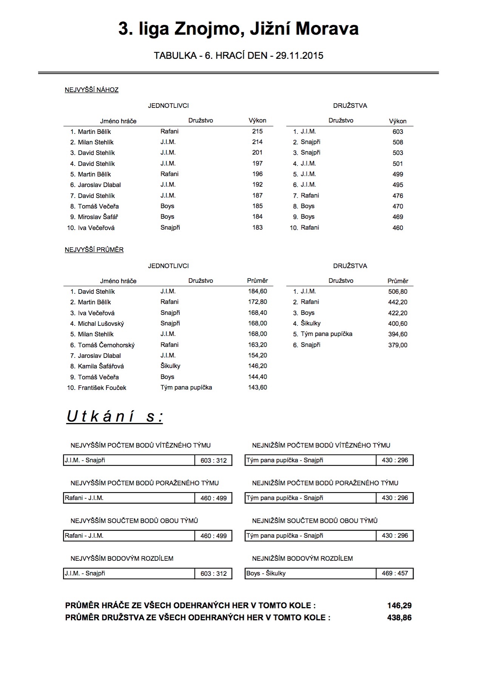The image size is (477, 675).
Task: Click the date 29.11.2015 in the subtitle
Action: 299,56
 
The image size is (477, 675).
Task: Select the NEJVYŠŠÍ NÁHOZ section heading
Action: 92,90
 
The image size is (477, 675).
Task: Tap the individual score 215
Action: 257,131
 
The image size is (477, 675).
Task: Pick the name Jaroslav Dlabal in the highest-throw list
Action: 99,185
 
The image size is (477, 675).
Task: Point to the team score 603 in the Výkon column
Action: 398,132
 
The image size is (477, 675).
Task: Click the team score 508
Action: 398,142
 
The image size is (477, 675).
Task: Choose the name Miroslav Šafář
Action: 98,217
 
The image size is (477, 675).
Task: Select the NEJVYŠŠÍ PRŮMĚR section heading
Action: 94,250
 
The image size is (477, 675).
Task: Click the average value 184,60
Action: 257,291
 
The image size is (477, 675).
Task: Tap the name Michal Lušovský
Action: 101,324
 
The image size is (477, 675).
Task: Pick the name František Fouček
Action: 102,388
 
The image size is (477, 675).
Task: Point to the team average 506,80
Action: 398,291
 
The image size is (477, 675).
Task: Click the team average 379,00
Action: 398,345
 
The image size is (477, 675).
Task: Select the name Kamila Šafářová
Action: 101,366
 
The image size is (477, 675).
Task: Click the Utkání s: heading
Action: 115,417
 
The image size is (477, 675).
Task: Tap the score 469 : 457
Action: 395,573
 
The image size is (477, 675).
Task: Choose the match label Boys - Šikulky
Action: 266,573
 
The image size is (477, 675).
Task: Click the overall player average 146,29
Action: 399,606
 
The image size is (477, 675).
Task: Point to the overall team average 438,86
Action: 399,618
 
